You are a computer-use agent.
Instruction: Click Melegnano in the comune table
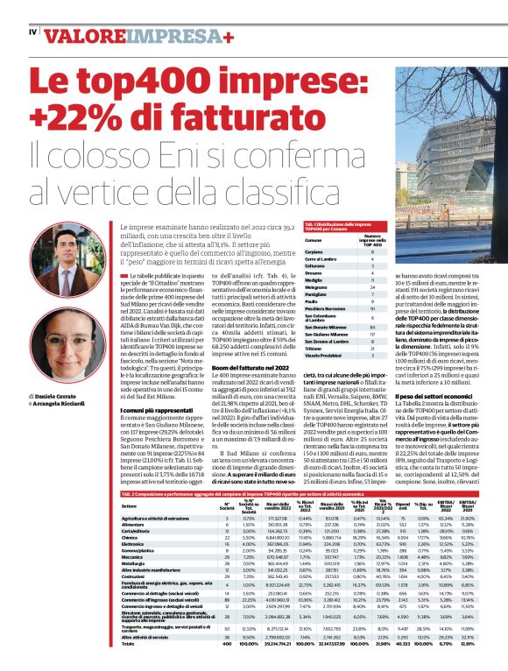point(317,286)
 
